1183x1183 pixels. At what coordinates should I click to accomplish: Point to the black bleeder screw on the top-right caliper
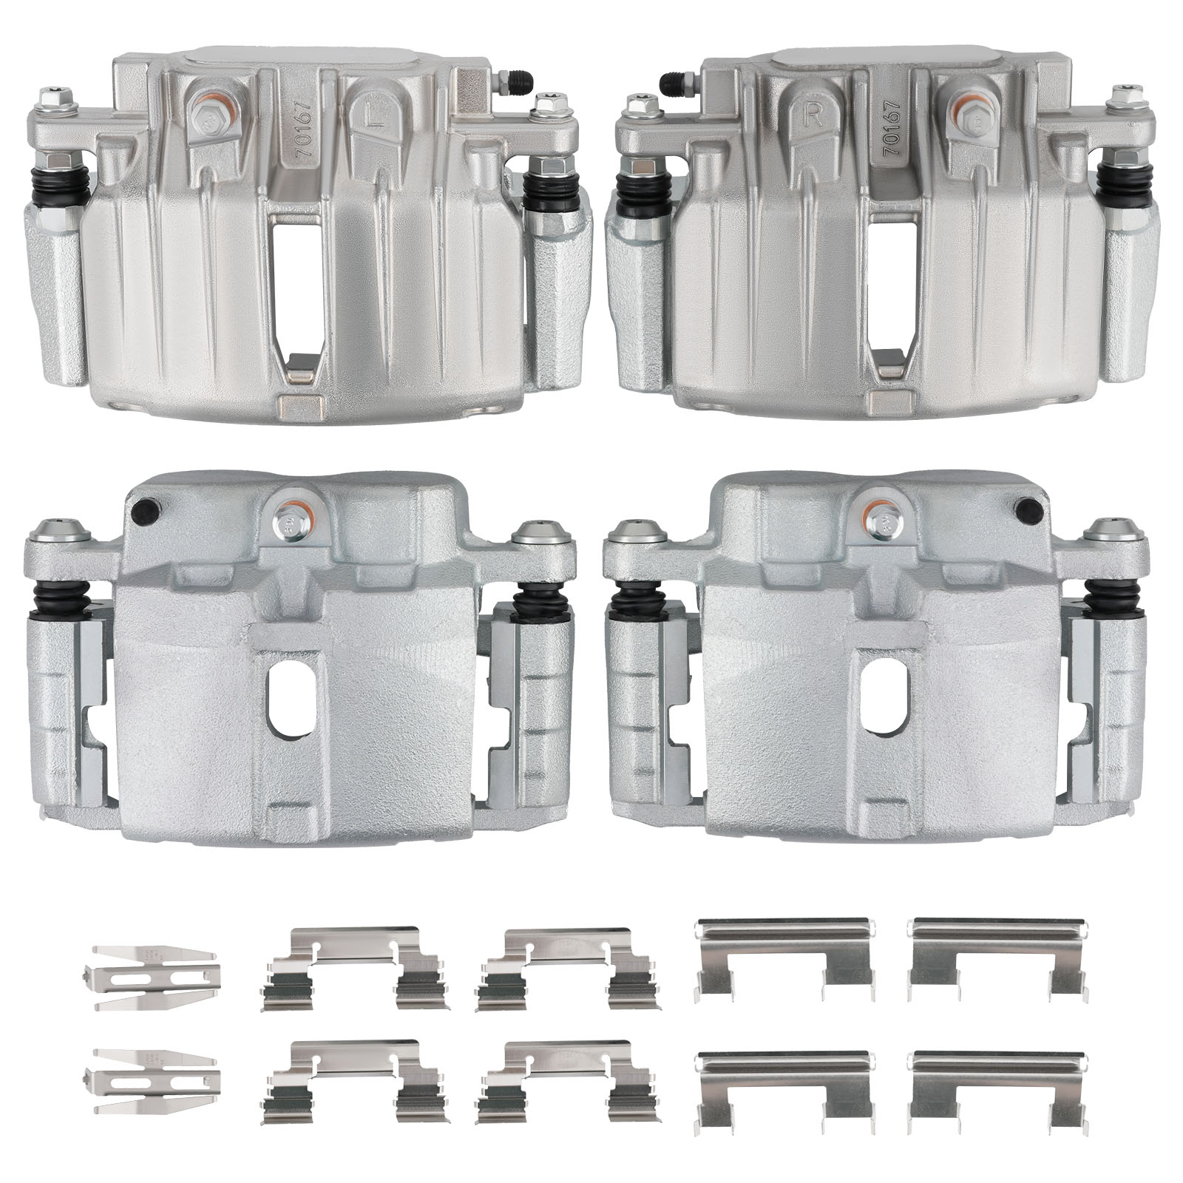click(676, 80)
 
